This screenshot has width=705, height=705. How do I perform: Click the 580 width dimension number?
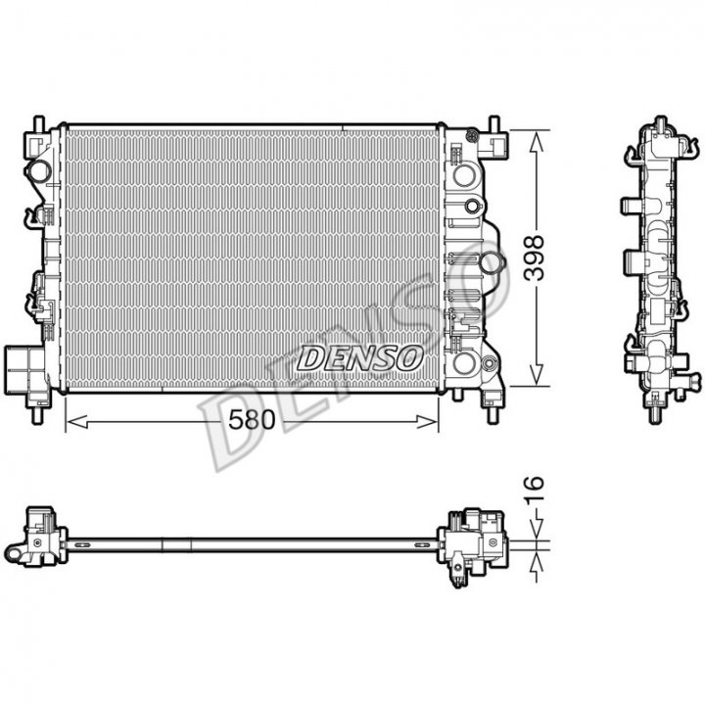click(x=252, y=420)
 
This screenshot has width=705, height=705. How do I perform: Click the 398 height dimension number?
click(x=535, y=258)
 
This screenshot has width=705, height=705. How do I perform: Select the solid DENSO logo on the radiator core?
click(x=360, y=358)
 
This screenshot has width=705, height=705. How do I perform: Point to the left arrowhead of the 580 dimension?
click(x=77, y=422)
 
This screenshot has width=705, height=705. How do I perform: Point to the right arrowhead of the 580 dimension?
click(x=427, y=422)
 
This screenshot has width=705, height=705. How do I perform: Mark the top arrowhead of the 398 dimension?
click(x=537, y=141)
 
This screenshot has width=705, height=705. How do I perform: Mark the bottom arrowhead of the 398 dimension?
click(x=537, y=375)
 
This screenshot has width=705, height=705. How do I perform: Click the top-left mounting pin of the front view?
click(x=38, y=124)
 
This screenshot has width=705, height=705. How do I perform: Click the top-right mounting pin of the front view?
click(x=494, y=124)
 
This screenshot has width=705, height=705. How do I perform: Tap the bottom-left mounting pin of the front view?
click(x=38, y=415)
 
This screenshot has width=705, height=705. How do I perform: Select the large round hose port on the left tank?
click(x=38, y=171)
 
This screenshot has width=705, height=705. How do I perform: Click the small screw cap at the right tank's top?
click(x=472, y=135)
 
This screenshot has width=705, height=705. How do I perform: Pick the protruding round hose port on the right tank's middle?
click(x=491, y=263)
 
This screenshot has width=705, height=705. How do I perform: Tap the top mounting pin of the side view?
click(x=661, y=123)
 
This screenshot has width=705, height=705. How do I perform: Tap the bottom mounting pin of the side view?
click(x=657, y=414)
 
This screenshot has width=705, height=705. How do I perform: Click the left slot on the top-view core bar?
click(x=82, y=545)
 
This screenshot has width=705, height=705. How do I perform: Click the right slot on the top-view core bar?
click(x=423, y=545)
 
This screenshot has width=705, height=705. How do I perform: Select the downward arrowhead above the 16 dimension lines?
click(x=537, y=529)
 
